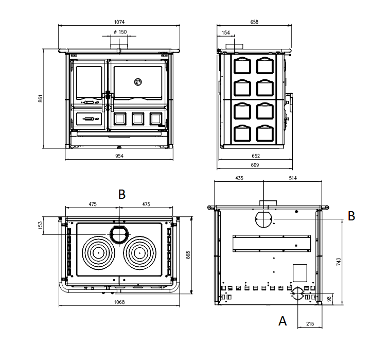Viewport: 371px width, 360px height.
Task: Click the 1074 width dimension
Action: point(119,22)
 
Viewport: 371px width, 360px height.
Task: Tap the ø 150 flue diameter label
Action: point(120,32)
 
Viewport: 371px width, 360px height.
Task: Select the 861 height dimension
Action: point(40,98)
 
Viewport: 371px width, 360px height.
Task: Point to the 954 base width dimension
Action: point(119,156)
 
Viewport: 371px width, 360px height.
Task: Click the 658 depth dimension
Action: point(254,22)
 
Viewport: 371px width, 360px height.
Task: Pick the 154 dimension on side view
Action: point(226,32)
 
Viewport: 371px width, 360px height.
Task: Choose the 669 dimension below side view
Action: point(255,165)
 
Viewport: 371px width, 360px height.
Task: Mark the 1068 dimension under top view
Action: point(119,302)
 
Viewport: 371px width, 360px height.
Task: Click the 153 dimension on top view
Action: point(41,225)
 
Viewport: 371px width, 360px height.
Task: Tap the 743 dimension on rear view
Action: point(339,262)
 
